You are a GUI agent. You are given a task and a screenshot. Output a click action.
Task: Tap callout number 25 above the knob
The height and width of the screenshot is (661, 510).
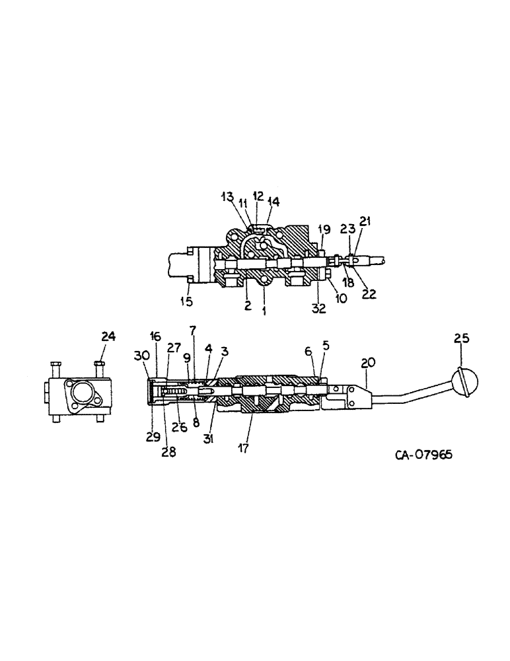(462, 338)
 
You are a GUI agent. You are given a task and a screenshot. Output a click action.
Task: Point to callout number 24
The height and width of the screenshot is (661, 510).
(108, 336)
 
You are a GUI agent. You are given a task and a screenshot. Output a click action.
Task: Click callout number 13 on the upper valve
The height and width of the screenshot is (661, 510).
(227, 196)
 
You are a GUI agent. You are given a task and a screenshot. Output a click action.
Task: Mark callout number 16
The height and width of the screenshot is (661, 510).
(156, 336)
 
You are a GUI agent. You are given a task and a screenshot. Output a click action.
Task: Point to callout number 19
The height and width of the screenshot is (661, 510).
(324, 229)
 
